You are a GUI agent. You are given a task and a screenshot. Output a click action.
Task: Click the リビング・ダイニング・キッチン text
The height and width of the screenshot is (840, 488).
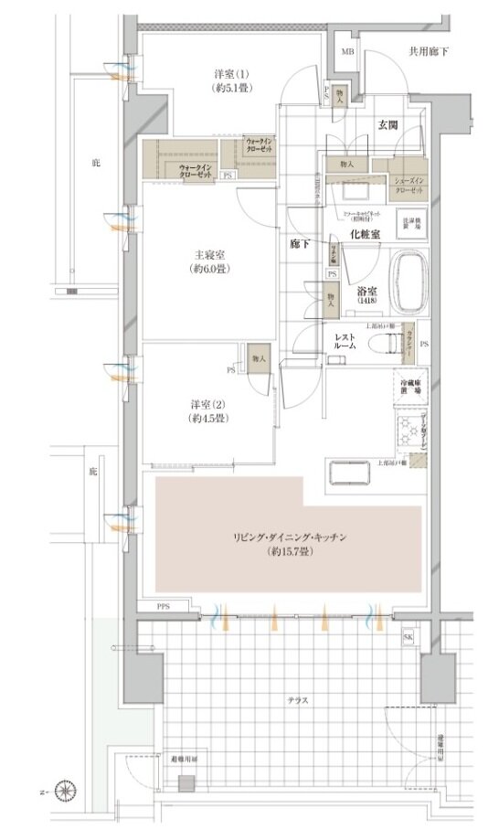[287, 539]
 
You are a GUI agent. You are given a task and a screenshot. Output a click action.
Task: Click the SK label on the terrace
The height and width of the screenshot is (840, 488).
[407, 637]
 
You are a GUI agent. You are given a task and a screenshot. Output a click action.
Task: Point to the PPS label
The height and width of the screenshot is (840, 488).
[164, 606]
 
